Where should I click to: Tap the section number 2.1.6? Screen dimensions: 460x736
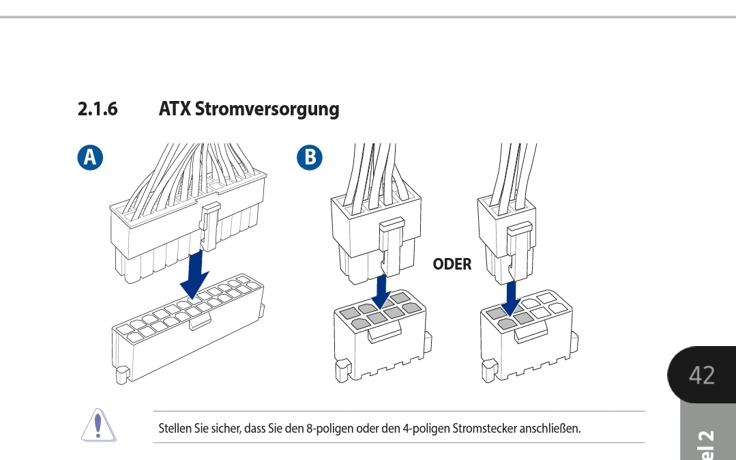[98, 109]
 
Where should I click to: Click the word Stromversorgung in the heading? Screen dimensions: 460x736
[267, 109]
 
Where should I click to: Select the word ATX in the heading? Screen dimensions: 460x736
[174, 109]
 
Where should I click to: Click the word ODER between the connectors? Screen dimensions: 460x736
[452, 264]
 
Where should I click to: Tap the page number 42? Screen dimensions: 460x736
[701, 375]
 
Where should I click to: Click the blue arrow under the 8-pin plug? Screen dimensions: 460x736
[382, 291]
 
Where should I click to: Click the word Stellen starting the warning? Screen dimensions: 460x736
[173, 429]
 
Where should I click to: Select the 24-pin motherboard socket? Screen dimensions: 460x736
[188, 331]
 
